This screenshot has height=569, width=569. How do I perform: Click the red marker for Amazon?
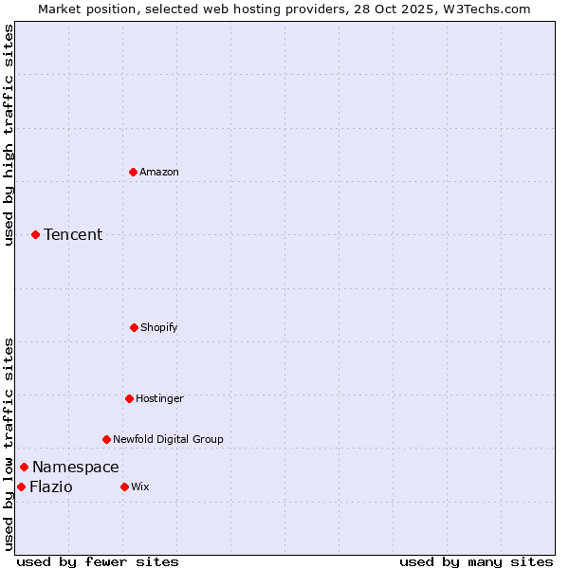134,172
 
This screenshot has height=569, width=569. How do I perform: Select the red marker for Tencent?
36,234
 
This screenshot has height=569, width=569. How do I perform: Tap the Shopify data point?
134,327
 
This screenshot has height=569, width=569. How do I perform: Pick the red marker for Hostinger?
129,398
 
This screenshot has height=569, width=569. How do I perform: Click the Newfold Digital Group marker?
106,439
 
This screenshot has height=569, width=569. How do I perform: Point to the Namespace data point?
25,467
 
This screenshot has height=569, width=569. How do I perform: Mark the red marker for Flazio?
21,486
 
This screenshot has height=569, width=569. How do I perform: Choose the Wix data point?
124,486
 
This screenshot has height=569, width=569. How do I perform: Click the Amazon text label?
159,172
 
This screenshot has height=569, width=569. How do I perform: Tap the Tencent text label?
73,234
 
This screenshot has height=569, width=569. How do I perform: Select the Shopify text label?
158,327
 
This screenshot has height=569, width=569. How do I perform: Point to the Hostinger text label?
159,398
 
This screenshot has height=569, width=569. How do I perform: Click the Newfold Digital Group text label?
168,439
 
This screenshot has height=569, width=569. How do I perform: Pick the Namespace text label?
76,467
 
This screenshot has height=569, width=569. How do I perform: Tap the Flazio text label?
50,486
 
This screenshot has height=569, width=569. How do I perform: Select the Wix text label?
140,486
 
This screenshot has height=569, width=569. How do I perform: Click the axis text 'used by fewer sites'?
98,561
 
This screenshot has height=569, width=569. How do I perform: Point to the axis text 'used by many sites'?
476,561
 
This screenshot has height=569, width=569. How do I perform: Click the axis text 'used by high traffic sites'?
9,135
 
